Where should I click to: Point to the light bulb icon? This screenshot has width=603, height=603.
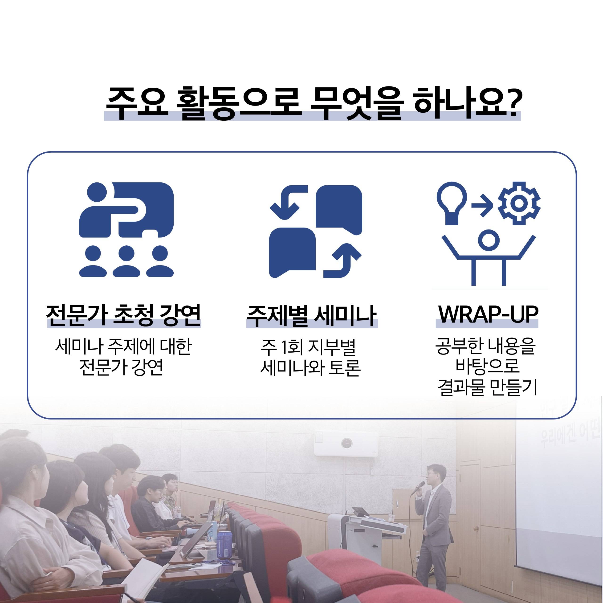pyautogui.click(x=452, y=203)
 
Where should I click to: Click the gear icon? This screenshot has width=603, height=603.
pyautogui.click(x=519, y=203)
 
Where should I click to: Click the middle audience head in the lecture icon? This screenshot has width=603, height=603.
pyautogui.click(x=126, y=253)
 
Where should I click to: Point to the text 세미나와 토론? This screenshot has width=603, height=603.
pyautogui.click(x=310, y=368)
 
